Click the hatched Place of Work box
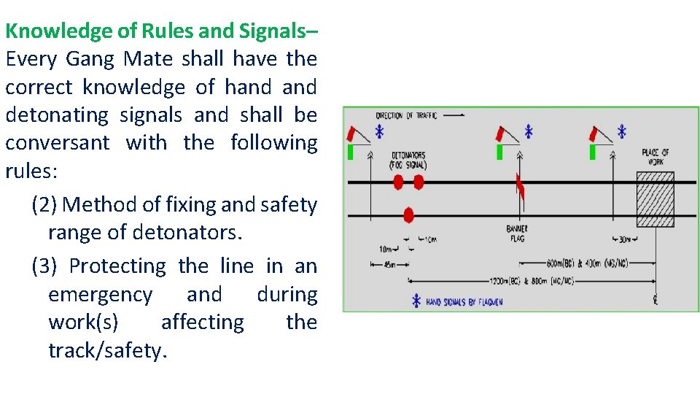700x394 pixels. click(655, 199)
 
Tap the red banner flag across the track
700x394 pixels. click(521, 188)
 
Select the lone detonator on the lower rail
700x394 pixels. click(408, 215)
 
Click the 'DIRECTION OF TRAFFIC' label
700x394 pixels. click(406, 116)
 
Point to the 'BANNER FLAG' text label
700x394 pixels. click(517, 234)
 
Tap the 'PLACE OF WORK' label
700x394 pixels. click(655, 156)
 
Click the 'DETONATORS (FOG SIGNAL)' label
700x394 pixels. click(408, 161)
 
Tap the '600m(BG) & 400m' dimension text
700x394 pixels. click(588, 263)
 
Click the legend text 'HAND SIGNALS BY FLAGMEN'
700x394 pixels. click(464, 301)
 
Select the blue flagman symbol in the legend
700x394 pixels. click(416, 301)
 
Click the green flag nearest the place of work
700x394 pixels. click(593, 151)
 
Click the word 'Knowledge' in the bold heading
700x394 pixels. click(49, 31)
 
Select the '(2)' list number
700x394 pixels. click(44, 205)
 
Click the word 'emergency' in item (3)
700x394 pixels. click(100, 295)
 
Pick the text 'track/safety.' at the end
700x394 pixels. click(108, 351)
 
